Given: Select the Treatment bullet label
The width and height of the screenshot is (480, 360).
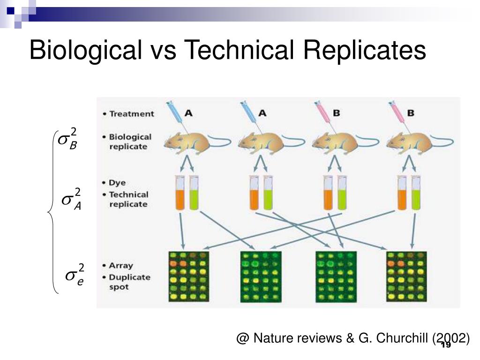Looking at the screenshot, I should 131,113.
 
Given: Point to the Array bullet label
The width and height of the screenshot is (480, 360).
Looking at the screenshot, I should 121,265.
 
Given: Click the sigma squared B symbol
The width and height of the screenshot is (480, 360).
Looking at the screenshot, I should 67,138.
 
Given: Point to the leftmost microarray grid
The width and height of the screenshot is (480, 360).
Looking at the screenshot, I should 188,277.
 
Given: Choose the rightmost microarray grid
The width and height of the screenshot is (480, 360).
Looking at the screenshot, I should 406,277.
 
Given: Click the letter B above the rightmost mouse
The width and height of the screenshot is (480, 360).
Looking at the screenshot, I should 410,113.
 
